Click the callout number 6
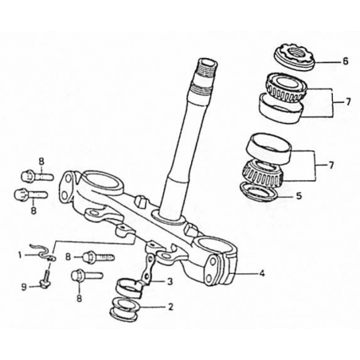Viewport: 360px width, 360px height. tap(345, 61)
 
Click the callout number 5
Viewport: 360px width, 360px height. tap(299, 196)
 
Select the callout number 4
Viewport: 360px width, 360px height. tap(261, 273)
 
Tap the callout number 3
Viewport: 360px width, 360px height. tap(170, 281)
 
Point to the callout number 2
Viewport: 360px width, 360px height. tap(170, 307)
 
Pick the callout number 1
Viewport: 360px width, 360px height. tap(20, 255)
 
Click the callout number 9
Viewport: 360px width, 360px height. tap(24, 287)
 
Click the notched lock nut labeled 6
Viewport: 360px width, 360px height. tap(295, 57)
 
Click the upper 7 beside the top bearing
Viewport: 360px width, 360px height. tap(348, 102)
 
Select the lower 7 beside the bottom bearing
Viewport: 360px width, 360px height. tap(331, 166)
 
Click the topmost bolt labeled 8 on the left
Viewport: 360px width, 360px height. tap(37, 175)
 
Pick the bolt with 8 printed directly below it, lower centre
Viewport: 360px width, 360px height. tap(87, 275)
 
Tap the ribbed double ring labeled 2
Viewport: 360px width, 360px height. tap(125, 310)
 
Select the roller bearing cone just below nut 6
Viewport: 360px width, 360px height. tap(287, 88)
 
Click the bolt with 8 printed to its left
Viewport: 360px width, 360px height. tap(98, 257)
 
